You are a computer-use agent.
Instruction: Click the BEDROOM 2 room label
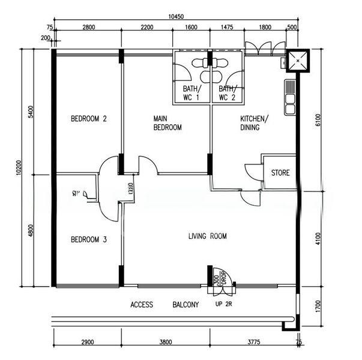point(88,119)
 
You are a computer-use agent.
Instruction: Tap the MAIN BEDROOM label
point(167,123)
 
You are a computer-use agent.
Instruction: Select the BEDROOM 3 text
point(88,240)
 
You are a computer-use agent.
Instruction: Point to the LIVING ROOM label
point(207,236)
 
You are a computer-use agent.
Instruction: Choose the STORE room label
point(280,173)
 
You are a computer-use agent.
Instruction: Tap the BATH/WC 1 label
point(192,93)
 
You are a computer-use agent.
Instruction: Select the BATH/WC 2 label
point(227,93)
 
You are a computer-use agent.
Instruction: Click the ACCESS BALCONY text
point(164,305)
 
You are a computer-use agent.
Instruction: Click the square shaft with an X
point(297,60)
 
